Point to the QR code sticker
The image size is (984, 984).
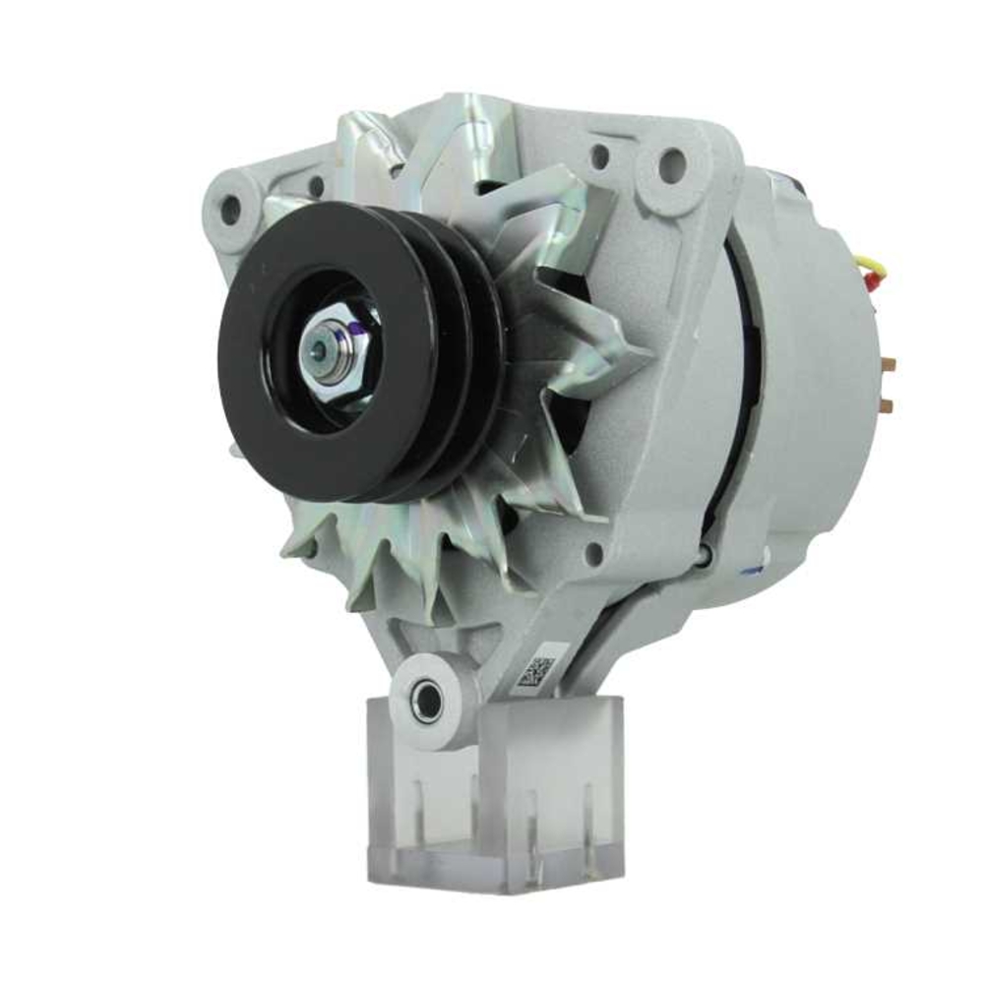point(537,671)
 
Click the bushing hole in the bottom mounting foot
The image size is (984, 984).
point(426,701)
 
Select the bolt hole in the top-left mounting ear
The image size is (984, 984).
point(229,206)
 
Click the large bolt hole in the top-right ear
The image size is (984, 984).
point(672,159)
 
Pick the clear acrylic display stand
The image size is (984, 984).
point(497,807)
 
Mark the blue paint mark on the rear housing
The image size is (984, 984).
point(753,569)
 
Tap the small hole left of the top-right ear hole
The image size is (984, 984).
point(598,155)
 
